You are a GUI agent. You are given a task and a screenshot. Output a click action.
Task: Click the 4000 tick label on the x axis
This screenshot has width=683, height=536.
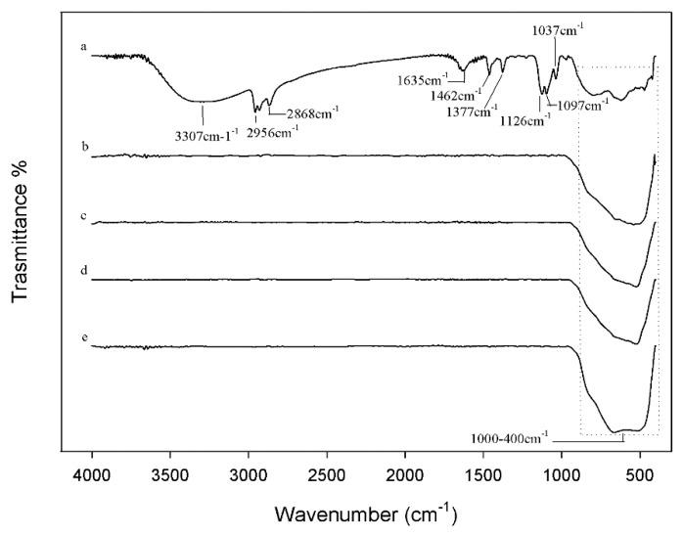click(x=92, y=474)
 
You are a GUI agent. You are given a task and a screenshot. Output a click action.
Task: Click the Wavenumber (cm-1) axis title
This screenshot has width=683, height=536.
click(x=365, y=512)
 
